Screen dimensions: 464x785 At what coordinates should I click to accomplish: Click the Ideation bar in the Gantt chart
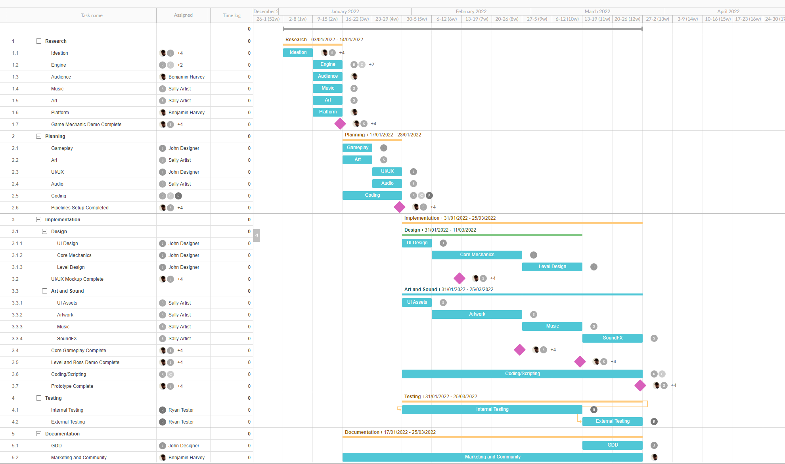click(x=298, y=52)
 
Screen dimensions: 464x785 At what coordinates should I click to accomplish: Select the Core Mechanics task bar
click(x=477, y=255)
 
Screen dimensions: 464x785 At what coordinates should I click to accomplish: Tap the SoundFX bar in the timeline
click(x=612, y=338)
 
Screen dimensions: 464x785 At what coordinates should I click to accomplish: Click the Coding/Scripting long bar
click(x=522, y=374)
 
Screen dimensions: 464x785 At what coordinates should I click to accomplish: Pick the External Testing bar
click(x=612, y=421)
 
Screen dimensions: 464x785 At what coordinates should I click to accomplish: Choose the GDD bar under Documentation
click(x=612, y=445)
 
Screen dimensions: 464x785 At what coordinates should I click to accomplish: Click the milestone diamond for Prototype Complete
click(x=640, y=385)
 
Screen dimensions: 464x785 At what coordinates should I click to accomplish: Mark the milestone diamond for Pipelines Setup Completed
click(x=399, y=207)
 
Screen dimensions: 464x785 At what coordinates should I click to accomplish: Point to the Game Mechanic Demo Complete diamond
click(x=340, y=124)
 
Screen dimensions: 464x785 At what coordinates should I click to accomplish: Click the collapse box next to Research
click(x=38, y=41)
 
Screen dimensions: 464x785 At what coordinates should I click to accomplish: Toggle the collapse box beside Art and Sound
click(x=44, y=291)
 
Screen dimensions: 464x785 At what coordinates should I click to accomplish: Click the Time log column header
click(x=232, y=15)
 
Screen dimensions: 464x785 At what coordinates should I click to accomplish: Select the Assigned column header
click(x=183, y=15)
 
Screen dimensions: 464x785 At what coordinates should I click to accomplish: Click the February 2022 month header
click(x=471, y=12)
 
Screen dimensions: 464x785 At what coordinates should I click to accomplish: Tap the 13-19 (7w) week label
click(x=477, y=19)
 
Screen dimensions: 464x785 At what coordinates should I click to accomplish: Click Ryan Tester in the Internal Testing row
click(x=181, y=410)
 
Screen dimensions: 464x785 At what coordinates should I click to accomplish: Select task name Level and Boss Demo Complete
click(x=85, y=362)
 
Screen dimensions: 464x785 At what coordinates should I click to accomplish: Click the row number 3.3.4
click(x=17, y=339)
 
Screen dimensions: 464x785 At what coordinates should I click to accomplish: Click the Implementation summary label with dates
click(x=450, y=218)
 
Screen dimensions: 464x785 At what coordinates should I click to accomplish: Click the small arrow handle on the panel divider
click(x=257, y=235)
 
